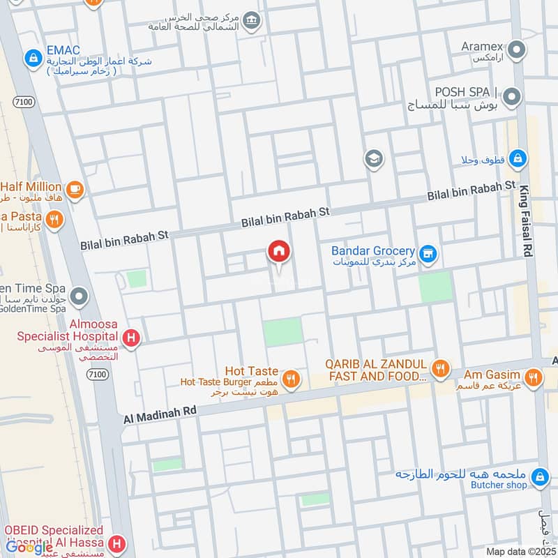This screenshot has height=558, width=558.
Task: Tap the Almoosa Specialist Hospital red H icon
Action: click(x=130, y=339)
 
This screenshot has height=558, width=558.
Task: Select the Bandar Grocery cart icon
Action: click(x=428, y=254)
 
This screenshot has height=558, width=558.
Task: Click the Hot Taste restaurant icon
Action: click(x=292, y=378)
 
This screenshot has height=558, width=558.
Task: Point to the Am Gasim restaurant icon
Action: click(x=533, y=378)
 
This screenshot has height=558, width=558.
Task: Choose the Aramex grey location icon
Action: click(x=516, y=50)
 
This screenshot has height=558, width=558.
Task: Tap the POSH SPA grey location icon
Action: click(x=513, y=96)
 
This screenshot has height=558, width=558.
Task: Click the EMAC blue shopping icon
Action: click(x=32, y=59)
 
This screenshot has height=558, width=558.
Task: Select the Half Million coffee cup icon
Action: click(x=74, y=188)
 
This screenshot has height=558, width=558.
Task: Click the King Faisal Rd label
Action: click(x=525, y=223)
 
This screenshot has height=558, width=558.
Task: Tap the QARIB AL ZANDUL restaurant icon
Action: click(x=439, y=368)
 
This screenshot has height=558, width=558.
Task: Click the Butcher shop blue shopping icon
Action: click(x=539, y=478)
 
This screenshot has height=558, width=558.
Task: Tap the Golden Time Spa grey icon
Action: click(x=80, y=298)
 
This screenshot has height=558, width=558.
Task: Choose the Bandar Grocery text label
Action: click(x=373, y=250)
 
